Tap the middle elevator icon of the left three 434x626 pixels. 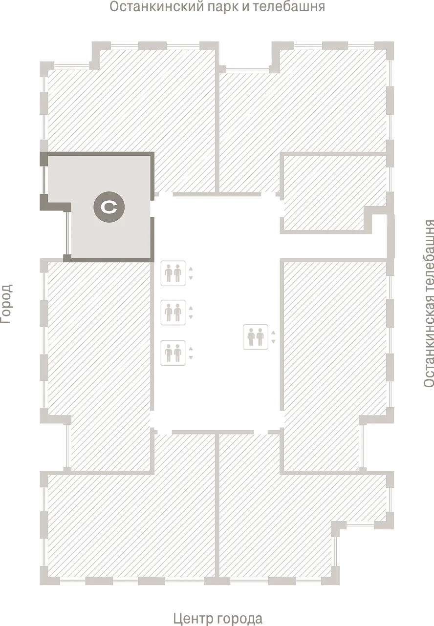pos(174,312)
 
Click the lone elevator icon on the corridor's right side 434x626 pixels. pos(256,336)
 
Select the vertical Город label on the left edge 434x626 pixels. pos(7,303)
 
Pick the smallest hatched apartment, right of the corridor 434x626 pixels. pos(327,190)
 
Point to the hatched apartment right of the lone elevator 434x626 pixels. pos(332,352)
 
